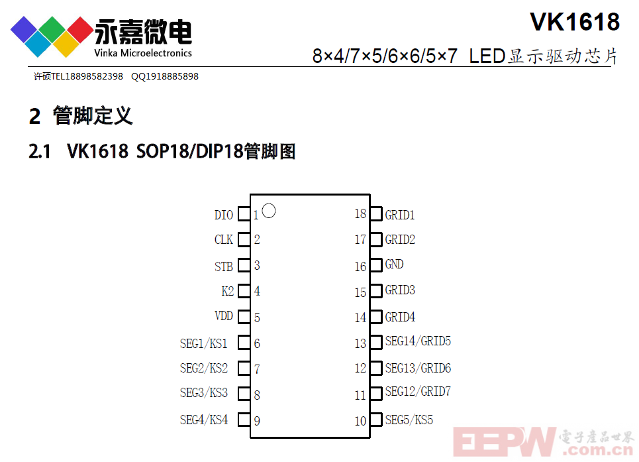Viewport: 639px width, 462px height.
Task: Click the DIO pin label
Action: click(223, 215)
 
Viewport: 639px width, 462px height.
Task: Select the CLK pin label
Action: click(223, 239)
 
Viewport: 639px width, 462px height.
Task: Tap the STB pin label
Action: click(223, 266)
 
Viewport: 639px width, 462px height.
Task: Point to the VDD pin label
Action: click(223, 316)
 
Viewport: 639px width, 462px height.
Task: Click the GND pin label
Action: click(394, 264)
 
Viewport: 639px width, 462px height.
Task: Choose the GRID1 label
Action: click(400, 215)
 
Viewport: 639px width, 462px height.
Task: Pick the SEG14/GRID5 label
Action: click(418, 341)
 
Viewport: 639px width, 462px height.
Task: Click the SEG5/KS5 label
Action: click(409, 420)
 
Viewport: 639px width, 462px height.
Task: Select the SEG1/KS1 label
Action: click(204, 343)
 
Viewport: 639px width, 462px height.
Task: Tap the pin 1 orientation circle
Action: click(269, 205)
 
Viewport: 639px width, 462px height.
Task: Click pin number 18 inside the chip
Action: click(360, 213)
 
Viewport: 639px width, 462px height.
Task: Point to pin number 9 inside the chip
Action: click(257, 421)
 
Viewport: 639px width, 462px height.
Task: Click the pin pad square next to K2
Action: click(244, 291)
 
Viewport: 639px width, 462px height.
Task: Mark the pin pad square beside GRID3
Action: click(376, 290)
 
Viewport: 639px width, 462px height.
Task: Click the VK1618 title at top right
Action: click(575, 22)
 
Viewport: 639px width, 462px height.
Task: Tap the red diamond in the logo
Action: click(80, 29)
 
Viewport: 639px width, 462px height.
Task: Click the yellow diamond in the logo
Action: click(66, 44)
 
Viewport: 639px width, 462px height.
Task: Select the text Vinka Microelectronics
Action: click(143, 53)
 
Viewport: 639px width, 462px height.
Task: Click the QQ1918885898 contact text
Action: click(165, 77)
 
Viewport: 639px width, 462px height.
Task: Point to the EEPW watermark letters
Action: click(505, 441)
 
